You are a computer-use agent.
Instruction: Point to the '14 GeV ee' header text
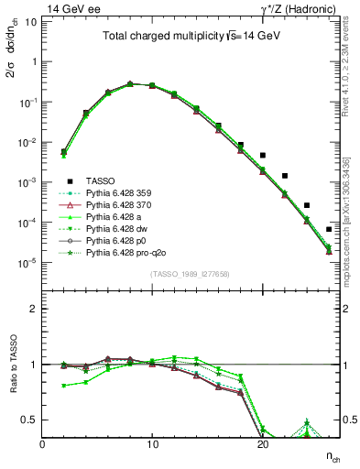click(x=72, y=8)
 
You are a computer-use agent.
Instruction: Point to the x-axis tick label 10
click(x=153, y=445)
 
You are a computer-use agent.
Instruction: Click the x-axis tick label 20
click(x=263, y=445)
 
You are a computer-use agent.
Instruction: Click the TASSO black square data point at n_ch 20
click(x=263, y=156)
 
